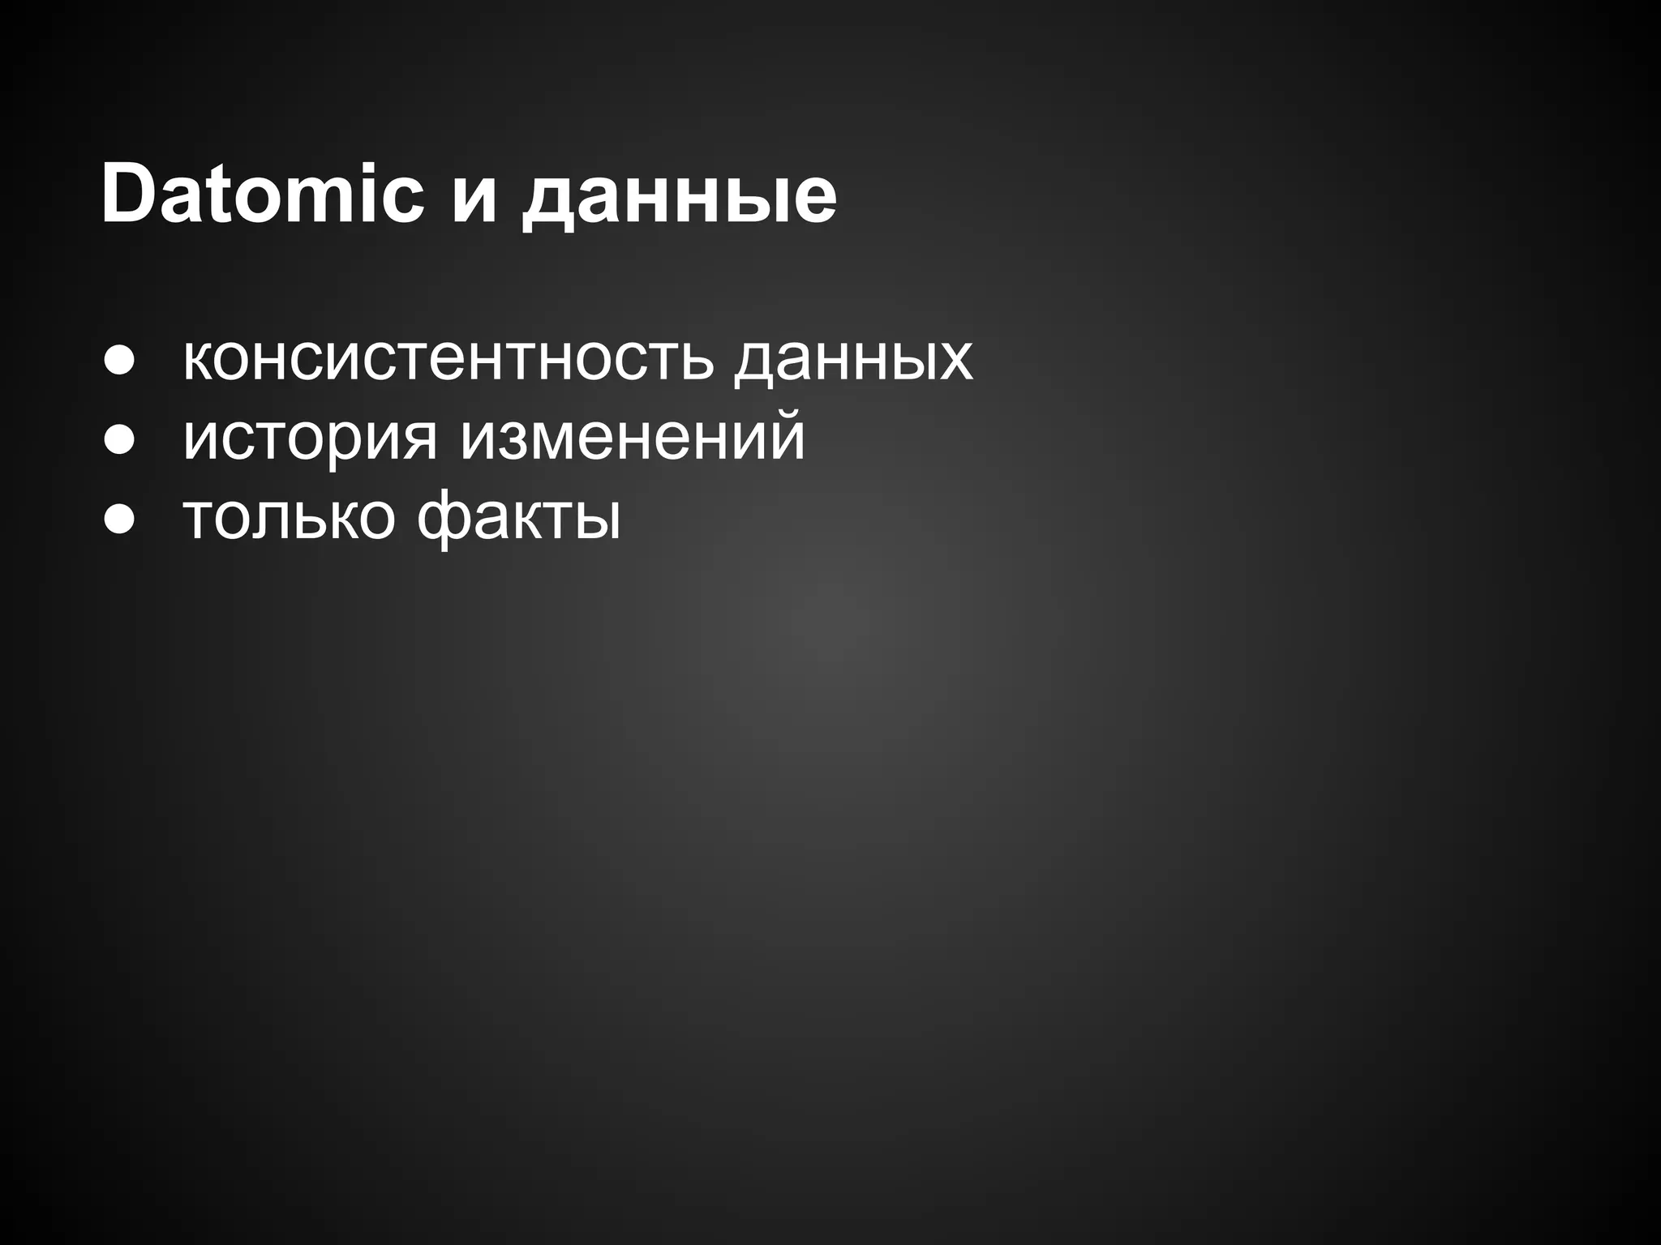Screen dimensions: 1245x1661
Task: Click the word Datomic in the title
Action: click(x=262, y=195)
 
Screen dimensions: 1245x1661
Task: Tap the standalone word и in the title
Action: click(x=474, y=203)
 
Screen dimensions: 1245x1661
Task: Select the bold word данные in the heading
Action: click(x=678, y=203)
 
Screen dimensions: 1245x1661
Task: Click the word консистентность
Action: click(x=448, y=358)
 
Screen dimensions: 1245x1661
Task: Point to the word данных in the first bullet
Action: click(x=853, y=358)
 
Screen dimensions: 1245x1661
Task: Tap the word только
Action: click(x=289, y=517)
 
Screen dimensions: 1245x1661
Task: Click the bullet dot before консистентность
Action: click(x=118, y=362)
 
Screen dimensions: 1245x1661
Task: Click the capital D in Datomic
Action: click(x=130, y=195)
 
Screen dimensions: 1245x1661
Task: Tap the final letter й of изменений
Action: click(x=782, y=434)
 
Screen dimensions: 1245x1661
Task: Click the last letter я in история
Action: click(x=418, y=441)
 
